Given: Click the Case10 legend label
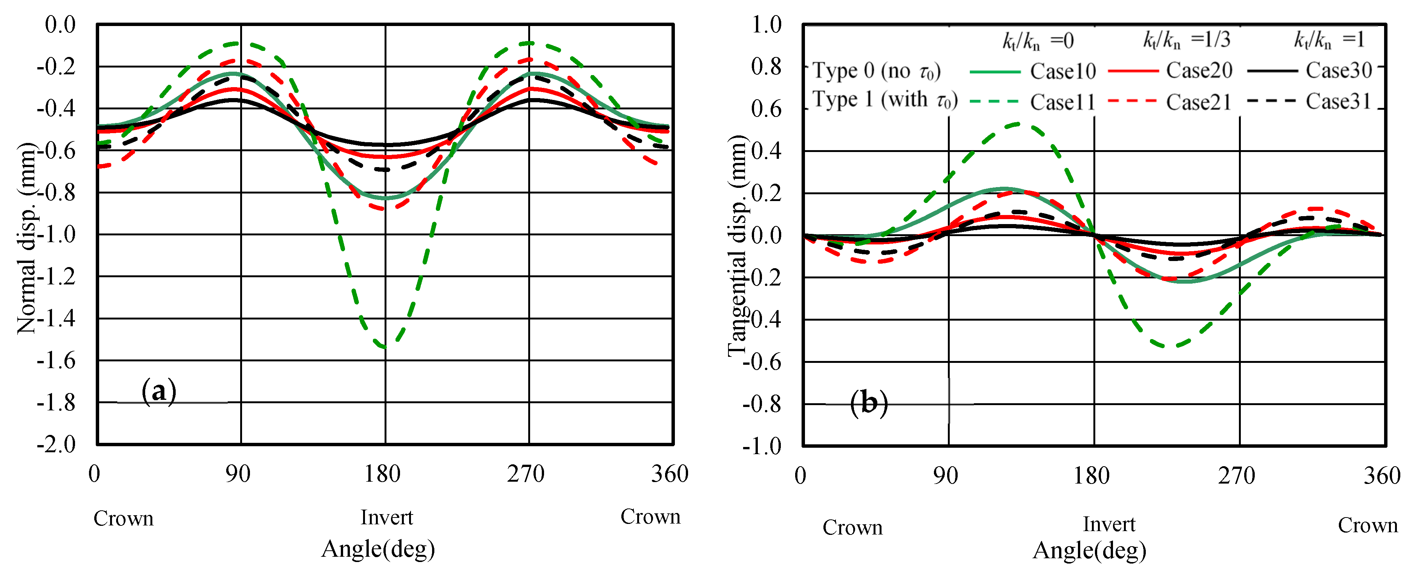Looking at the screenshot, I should [1062, 71].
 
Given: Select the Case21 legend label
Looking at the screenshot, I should [1199, 102].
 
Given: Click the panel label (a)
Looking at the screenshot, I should [159, 391].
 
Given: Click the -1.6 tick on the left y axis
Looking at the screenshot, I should [56, 361].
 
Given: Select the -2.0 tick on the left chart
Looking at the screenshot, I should [56, 444].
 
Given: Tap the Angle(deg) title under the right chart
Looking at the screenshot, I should [1089, 550].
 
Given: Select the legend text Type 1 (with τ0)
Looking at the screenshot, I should [885, 100].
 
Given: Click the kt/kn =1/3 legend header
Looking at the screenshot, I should [1187, 40].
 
